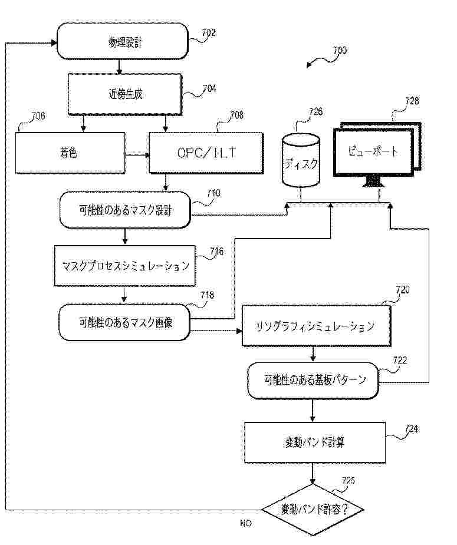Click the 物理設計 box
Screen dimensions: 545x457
(123, 41)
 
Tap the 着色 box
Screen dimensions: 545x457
(70, 153)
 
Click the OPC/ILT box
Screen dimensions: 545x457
(206, 153)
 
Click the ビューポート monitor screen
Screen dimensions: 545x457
(373, 151)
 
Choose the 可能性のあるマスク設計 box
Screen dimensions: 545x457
(125, 210)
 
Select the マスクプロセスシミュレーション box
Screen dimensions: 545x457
(126, 265)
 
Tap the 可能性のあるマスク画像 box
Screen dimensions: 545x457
(126, 322)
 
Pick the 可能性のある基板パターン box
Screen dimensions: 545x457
(313, 379)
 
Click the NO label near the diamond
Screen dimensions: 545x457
(245, 523)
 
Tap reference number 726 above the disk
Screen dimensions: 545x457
(315, 111)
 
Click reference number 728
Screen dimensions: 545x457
(412, 101)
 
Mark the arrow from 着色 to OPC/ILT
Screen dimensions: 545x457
(137, 156)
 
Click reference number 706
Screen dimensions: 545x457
(37, 115)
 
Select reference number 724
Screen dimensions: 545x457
(412, 430)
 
